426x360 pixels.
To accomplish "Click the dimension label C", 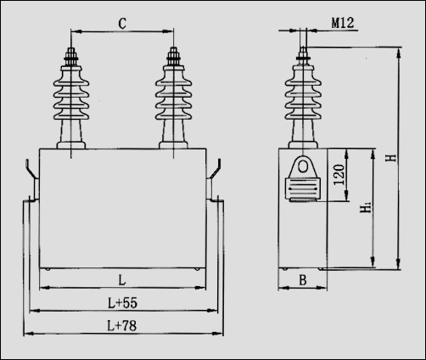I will [x=122, y=23].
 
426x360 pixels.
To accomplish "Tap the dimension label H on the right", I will [x=390, y=159].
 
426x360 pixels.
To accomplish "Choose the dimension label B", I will [x=302, y=279].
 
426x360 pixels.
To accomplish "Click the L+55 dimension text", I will [x=122, y=302].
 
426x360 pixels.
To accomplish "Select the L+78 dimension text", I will [x=122, y=325].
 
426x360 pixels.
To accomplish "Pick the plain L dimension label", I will [x=122, y=279].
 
